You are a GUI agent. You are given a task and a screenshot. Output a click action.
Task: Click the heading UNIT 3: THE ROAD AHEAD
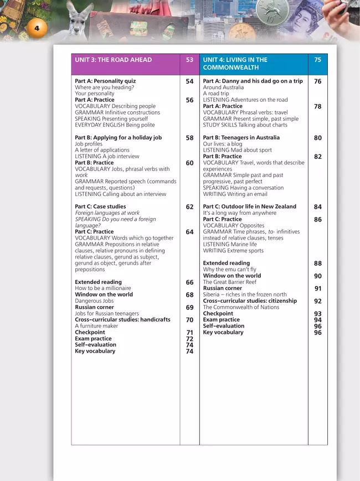pyautogui.click(x=113, y=60)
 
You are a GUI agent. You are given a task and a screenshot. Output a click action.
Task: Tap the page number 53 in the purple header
pyautogui.click(x=189, y=60)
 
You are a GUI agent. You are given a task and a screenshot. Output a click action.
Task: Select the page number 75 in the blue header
pyautogui.click(x=317, y=60)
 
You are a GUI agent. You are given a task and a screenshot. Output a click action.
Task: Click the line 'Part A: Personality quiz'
pyautogui.click(x=105, y=81)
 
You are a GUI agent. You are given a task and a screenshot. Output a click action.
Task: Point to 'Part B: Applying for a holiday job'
pyautogui.click(x=118, y=138)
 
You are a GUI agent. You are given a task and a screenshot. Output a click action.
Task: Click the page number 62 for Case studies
pyautogui.click(x=189, y=207)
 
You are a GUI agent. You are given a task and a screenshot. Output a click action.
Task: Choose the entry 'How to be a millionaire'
pyautogui.click(x=103, y=288)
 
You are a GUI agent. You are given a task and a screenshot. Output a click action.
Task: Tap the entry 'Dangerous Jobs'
pyautogui.click(x=94, y=301)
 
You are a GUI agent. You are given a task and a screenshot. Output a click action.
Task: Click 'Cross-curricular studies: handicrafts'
pyautogui.click(x=122, y=320)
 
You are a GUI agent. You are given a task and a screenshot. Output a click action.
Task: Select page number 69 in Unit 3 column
pyautogui.click(x=189, y=307)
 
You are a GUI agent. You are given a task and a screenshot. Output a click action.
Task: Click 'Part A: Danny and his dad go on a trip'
pyautogui.click(x=253, y=81)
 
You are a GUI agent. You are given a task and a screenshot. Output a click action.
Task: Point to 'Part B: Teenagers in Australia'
pyautogui.click(x=241, y=138)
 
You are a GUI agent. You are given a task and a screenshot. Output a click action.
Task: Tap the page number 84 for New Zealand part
pyautogui.click(x=317, y=207)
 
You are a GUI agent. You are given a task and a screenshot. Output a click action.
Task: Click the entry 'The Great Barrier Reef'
pyautogui.click(x=230, y=282)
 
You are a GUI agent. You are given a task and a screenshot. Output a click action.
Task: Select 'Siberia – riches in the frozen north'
pyautogui.click(x=245, y=295)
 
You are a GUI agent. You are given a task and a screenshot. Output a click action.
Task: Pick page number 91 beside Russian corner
pyautogui.click(x=317, y=288)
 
